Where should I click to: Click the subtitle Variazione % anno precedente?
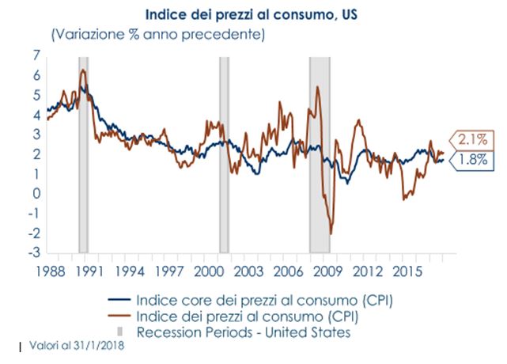[157, 34]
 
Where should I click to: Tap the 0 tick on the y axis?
[36, 194]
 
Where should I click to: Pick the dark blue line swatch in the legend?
[119, 301]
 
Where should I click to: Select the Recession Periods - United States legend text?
[243, 332]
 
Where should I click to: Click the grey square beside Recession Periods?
[119, 330]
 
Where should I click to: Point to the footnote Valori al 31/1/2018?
[72, 347]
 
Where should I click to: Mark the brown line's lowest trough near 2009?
[331, 233]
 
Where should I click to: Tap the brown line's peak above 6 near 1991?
[83, 70]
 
